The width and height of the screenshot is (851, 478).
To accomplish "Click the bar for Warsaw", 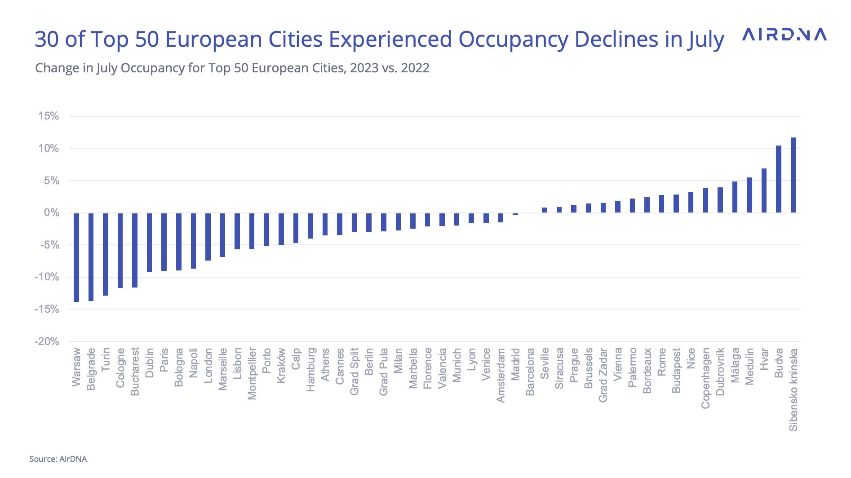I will click(76, 257).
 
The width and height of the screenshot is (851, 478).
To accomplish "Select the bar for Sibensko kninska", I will click(793, 175).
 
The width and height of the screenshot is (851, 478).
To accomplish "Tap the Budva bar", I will click(779, 179).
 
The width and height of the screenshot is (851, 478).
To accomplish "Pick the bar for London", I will click(208, 237).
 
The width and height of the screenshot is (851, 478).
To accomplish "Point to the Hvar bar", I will click(764, 190).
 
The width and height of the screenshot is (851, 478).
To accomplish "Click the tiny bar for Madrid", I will click(515, 214).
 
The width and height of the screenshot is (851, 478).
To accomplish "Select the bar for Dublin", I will click(150, 243).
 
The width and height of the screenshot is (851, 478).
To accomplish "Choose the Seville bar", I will click(545, 210).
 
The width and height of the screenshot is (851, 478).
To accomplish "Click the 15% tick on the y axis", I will click(49, 116).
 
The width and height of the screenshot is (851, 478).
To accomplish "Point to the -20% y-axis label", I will click(47, 341).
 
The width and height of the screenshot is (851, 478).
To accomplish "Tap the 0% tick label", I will click(51, 212).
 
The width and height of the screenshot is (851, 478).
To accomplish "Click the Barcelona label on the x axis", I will click(530, 372).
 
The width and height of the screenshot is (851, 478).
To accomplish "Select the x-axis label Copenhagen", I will click(705, 378).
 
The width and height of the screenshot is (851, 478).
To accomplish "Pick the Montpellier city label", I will click(252, 373).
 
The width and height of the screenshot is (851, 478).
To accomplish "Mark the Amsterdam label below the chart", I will click(501, 375).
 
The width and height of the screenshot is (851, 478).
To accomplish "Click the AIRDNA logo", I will click(784, 35).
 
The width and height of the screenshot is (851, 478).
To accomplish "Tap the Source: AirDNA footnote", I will click(58, 459).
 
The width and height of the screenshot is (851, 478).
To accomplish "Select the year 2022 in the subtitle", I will click(415, 68).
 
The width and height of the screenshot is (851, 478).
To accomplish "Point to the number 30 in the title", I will click(47, 40).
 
